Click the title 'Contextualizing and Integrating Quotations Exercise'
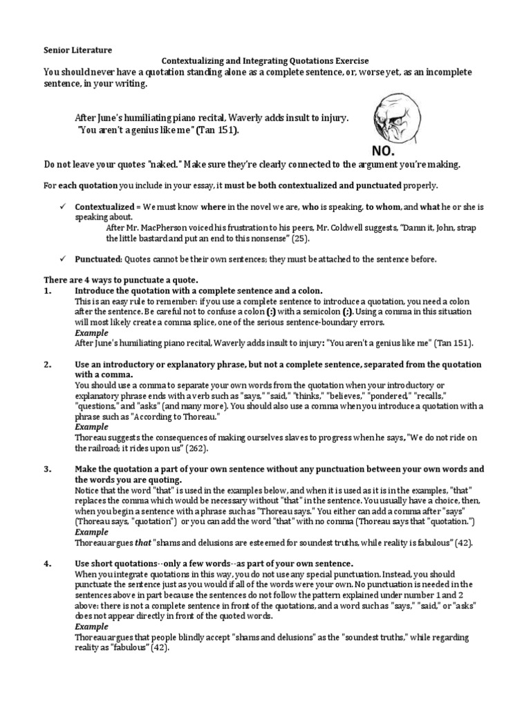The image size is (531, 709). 265,61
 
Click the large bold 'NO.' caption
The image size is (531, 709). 385,151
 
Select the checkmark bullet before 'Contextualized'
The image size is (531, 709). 63,207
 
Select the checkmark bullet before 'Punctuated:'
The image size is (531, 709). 63,259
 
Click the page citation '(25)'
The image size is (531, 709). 300,238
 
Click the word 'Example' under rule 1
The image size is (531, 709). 91,333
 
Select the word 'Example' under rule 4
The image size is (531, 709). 91,627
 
